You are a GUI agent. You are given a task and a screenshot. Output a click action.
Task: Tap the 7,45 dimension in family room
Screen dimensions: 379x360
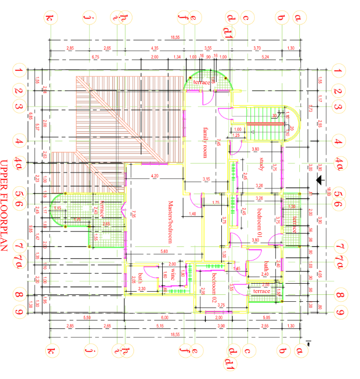(x=219, y=143)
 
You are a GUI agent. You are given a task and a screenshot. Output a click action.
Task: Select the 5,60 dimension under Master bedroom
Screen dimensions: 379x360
(x=164, y=251)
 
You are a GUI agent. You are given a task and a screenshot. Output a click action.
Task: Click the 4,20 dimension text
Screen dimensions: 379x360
(x=155, y=176)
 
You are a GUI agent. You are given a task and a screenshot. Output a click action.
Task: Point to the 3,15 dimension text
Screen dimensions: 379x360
(x=206, y=179)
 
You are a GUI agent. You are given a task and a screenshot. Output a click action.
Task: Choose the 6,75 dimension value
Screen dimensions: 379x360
(x=96, y=56)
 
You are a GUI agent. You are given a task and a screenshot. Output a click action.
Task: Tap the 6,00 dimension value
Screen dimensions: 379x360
(x=165, y=317)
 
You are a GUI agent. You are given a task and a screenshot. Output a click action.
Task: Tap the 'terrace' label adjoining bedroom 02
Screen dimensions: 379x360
(x=261, y=292)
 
